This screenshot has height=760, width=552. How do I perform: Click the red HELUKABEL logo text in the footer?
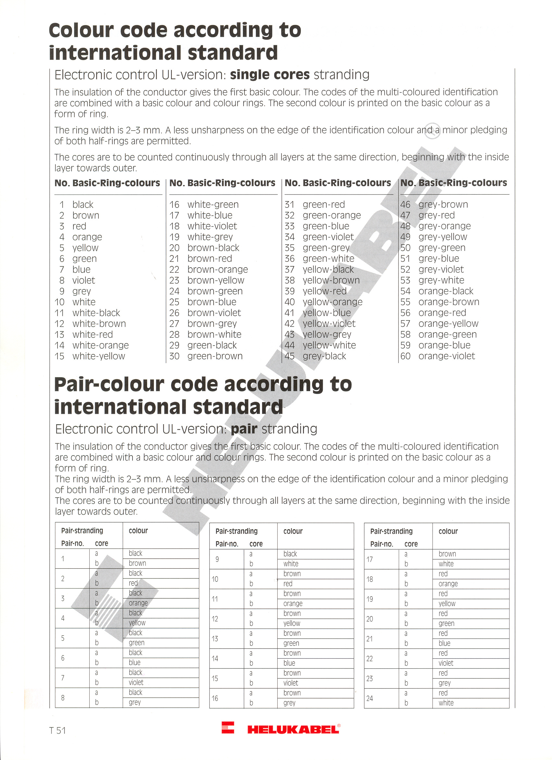(x=294, y=729)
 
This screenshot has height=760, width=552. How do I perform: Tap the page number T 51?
(x=57, y=730)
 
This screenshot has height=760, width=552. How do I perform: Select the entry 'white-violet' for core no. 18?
(x=212, y=226)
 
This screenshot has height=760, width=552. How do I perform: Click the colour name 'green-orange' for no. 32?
(x=332, y=215)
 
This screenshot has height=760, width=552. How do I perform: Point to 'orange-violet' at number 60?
(x=446, y=356)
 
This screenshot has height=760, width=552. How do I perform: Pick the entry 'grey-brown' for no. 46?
(x=443, y=204)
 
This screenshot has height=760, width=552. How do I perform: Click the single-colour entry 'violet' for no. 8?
(x=84, y=280)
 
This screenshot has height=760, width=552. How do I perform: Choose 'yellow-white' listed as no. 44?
(x=329, y=345)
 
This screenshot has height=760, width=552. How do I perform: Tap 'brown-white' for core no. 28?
(x=214, y=335)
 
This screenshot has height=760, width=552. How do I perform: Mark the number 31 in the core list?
(x=289, y=204)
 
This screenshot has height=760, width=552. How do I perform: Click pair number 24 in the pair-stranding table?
(x=370, y=698)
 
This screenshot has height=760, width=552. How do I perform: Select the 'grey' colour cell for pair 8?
(x=135, y=703)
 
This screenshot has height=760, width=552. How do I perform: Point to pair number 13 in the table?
(x=215, y=639)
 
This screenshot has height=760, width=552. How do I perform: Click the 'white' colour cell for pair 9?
(x=291, y=564)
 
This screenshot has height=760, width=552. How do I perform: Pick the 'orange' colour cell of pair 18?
(x=448, y=584)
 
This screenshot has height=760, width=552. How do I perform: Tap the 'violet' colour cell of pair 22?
(x=446, y=663)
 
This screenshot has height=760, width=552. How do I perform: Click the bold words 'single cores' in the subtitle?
(x=270, y=74)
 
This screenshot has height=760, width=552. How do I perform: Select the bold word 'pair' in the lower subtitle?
(x=244, y=429)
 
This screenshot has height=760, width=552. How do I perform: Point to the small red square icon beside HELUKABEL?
(x=228, y=728)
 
